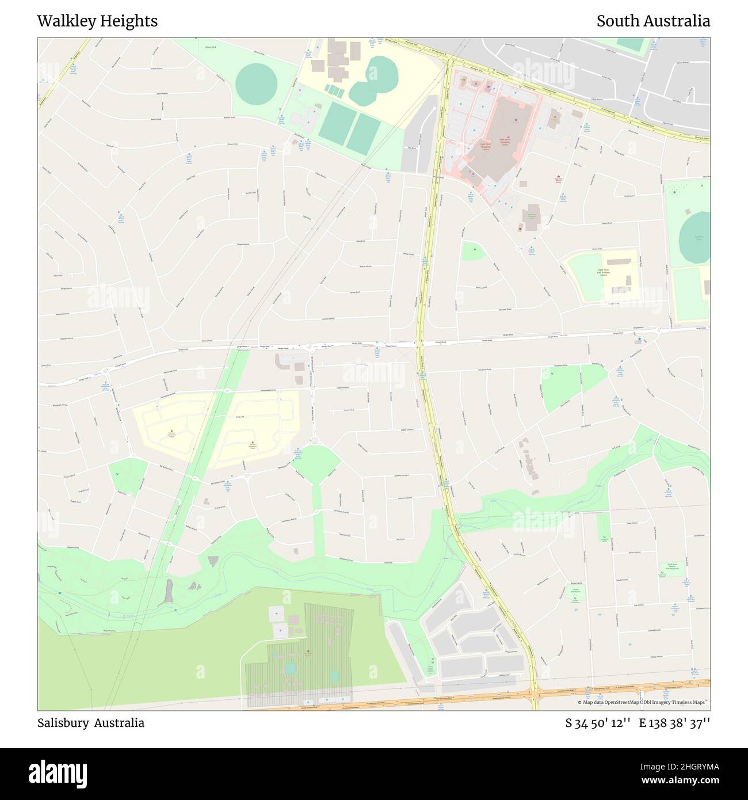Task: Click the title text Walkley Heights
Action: (x=97, y=21)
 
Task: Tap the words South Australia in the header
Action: (x=653, y=21)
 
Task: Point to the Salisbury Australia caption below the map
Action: (x=91, y=723)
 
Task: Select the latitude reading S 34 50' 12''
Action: (x=598, y=723)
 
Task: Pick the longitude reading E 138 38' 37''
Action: (x=674, y=723)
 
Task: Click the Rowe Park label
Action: (x=211, y=47)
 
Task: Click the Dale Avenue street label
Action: (x=638, y=605)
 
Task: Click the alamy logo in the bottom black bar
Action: (x=60, y=773)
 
